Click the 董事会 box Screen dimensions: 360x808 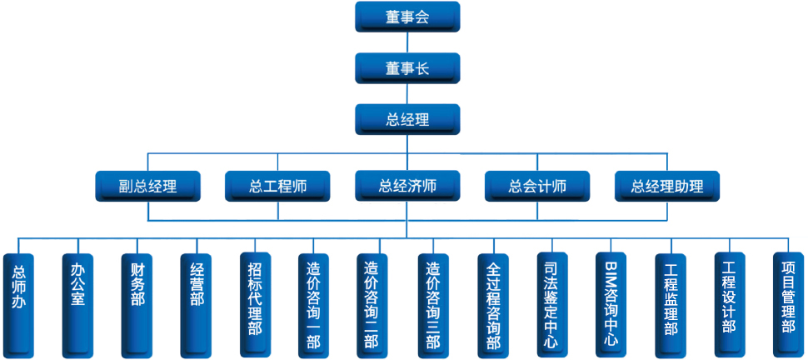(407, 17)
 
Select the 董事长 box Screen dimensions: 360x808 (407, 68)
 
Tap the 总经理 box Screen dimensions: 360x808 (407, 119)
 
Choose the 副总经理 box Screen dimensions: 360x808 (147, 186)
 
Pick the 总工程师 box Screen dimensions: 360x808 (277, 186)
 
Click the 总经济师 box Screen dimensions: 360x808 (407, 186)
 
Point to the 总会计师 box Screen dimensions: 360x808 (537, 186)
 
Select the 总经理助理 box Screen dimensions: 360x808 (667, 186)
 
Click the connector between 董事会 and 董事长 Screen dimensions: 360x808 (407, 42)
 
